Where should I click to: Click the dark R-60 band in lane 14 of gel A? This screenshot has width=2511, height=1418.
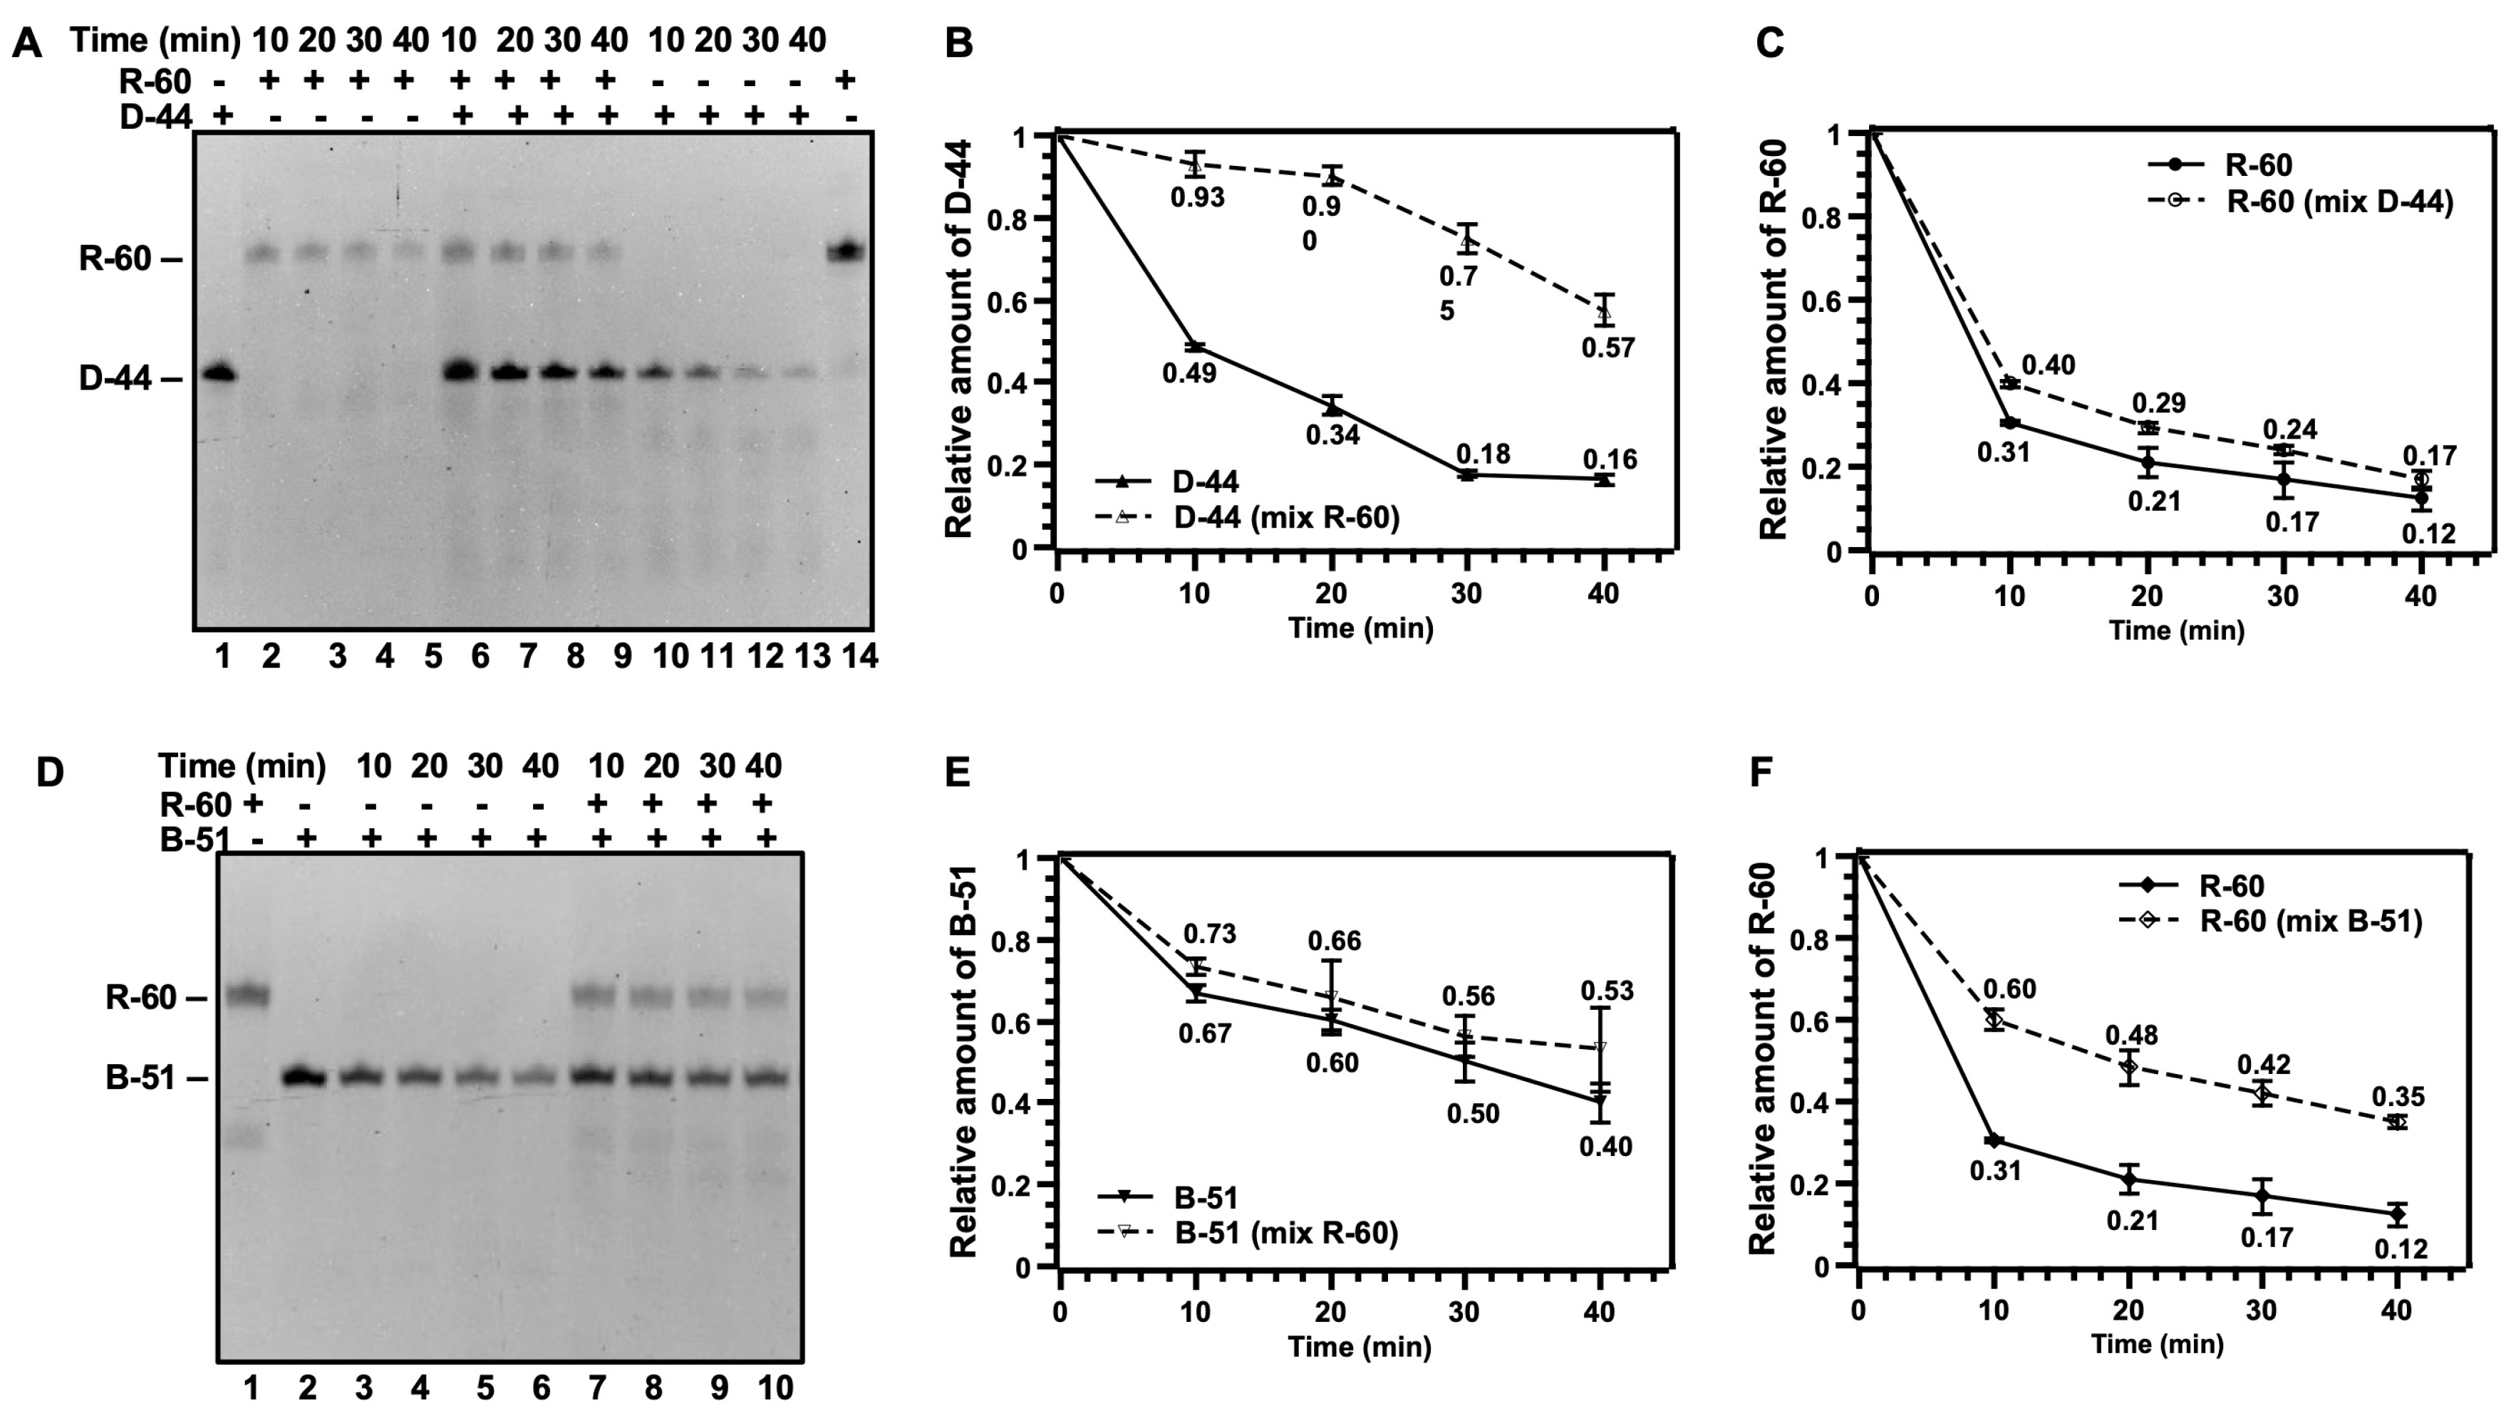click(845, 251)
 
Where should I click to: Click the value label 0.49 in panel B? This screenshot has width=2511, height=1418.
click(1189, 372)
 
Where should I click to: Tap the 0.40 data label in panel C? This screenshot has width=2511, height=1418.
click(2048, 365)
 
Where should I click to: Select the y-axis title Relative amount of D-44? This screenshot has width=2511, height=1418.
click(959, 339)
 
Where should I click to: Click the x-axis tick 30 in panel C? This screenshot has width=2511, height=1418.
click(2283, 595)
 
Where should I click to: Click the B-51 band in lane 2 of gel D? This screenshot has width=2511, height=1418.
click(305, 1077)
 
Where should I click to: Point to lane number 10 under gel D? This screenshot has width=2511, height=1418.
click(776, 1387)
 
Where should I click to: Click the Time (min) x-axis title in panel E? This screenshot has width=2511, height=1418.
click(1359, 1347)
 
